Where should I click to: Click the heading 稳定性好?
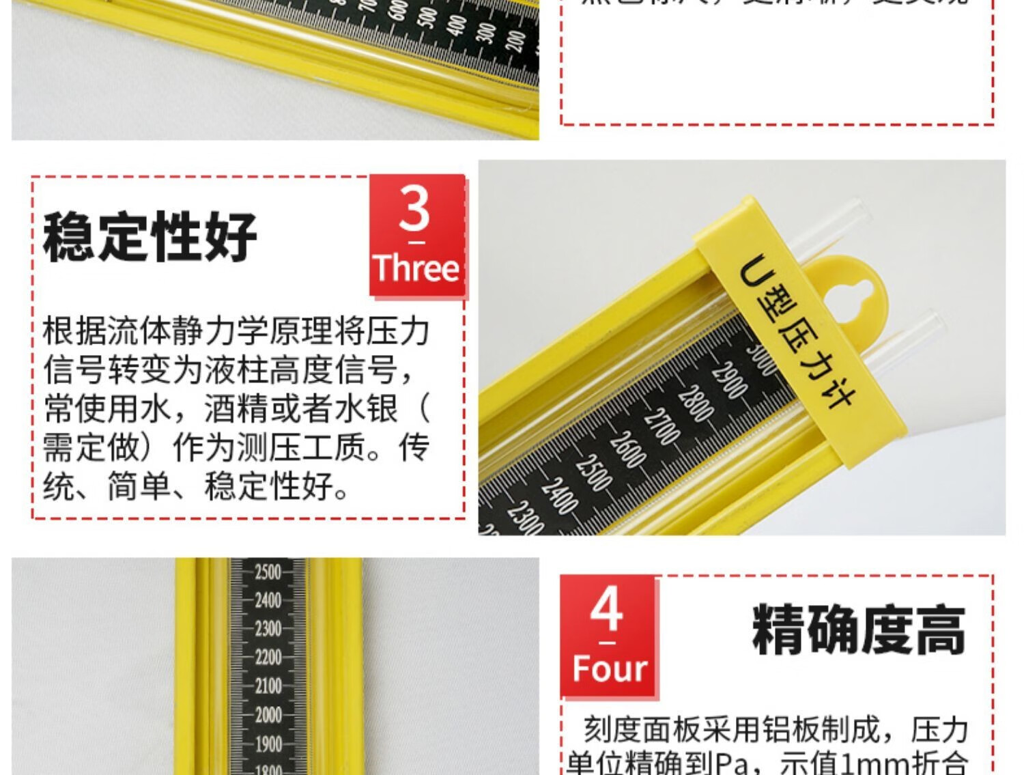coord(150,236)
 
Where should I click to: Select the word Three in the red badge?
coord(416,268)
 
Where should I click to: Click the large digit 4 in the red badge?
coord(607,609)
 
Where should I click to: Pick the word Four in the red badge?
coord(609,668)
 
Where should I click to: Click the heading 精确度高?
coord(859,630)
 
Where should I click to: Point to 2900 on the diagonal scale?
coord(729,380)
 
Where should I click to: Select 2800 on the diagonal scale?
coord(695,404)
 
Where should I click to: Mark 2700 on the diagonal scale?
coord(661,427)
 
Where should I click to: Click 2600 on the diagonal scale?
coord(627,449)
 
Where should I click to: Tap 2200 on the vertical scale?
coord(268,658)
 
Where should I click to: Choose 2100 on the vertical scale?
coord(268,686)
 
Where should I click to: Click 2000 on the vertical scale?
coord(268,715)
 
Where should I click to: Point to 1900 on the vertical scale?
coord(268,744)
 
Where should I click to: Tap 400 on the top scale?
coord(457,25)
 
